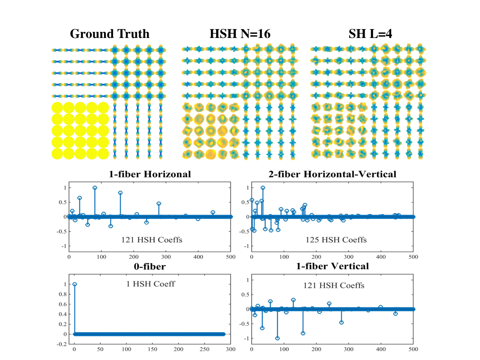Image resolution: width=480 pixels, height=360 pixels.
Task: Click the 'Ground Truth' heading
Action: coord(110,34)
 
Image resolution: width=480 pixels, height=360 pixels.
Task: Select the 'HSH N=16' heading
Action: coord(240,34)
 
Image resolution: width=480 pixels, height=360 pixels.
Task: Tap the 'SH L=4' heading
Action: coord(365,34)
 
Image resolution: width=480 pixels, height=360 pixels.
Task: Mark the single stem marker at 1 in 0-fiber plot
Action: coord(75,284)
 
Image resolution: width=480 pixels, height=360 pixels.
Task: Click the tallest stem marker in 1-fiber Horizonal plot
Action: coord(95,187)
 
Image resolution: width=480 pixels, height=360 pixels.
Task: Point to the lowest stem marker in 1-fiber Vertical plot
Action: coord(277,338)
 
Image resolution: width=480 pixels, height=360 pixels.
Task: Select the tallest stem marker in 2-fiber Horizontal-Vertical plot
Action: coord(263,187)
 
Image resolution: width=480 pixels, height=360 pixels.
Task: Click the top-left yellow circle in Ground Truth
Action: coord(58,108)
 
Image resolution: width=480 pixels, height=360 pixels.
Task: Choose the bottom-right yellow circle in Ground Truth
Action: coord(103,153)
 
